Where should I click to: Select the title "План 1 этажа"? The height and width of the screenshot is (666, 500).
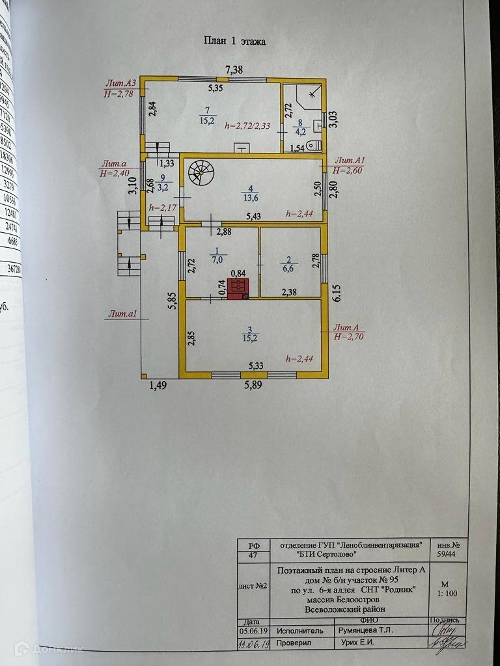pos(235,41)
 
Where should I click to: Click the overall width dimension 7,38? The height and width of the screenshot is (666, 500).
pos(238,70)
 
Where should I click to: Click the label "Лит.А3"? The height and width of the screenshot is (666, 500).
pos(121,83)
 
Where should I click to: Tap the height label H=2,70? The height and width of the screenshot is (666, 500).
pos(350,337)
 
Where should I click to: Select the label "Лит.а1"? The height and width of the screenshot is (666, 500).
pos(122,315)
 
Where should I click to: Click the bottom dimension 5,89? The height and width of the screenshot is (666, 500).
pos(257,386)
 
